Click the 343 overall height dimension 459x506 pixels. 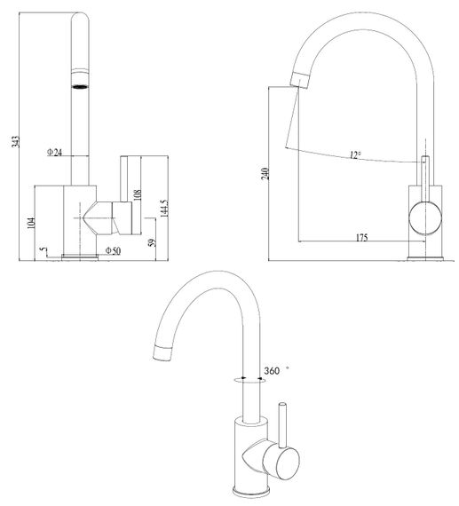pos(15,142)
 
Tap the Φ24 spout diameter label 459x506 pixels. pos(54,152)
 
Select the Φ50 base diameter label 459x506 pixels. pos(114,250)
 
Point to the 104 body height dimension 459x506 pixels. pos(31,223)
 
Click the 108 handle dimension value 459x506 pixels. pos(138,195)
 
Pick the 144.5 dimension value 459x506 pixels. pos(164,208)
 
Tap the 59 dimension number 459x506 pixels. pos(152,242)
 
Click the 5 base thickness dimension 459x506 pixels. pos(42,249)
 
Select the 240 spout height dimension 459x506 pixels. pos(265,174)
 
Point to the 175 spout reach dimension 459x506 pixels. pos(362,238)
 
